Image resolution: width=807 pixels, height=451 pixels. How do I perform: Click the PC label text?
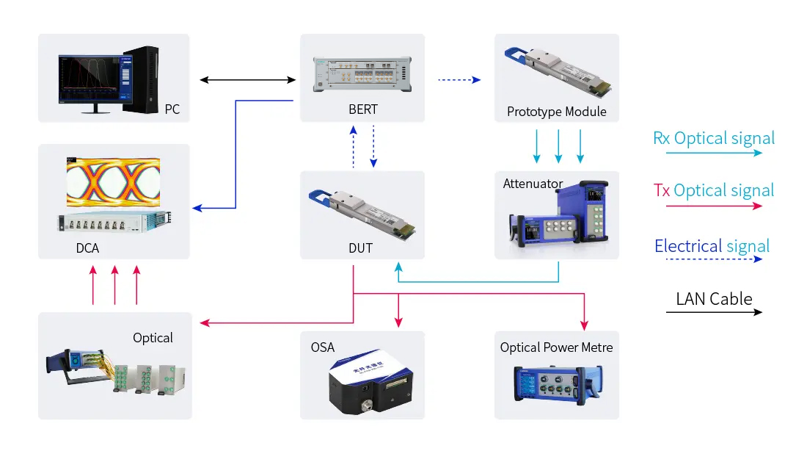pos(172,110)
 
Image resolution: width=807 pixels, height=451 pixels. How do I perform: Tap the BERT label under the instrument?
pos(363,109)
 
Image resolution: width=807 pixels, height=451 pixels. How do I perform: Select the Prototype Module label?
pos(557,112)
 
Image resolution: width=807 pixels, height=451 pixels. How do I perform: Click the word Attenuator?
pos(533,184)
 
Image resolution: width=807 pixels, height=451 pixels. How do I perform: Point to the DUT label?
pos(361,248)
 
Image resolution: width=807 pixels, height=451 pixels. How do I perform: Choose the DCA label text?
pos(87,248)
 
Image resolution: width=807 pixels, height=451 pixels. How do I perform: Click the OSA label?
pos(323,347)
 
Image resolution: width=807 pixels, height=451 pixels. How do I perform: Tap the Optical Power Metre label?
pos(556,347)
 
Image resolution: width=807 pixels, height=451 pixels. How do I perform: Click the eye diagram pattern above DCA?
pos(113,181)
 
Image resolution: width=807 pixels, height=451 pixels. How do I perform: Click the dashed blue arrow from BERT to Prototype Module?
pos(459,79)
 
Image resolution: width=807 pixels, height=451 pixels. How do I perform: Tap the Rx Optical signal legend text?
pos(714,138)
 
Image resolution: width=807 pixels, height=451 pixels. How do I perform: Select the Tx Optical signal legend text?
pos(714,191)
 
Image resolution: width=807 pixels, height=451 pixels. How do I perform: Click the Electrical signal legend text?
pos(712,246)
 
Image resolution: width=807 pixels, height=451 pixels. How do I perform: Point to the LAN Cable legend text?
pos(714,299)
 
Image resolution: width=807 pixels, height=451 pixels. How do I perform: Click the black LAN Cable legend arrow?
pos(714,312)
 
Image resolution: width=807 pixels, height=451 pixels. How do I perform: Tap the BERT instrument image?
pos(362,72)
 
